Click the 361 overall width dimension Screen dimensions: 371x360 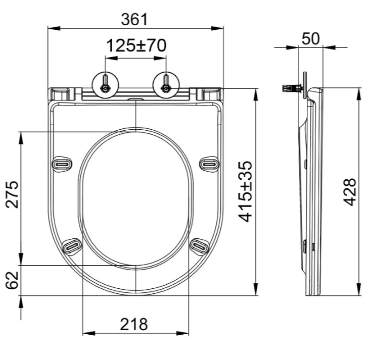(134, 19)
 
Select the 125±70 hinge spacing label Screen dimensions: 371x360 (136, 45)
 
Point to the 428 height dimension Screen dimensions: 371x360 (350, 192)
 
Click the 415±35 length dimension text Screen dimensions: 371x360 (246, 192)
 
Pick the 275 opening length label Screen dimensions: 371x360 (12, 194)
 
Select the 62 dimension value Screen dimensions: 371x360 (12, 280)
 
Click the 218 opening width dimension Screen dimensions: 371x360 (134, 324)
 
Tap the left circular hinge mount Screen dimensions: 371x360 (105, 85)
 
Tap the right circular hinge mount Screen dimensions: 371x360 (166, 85)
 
